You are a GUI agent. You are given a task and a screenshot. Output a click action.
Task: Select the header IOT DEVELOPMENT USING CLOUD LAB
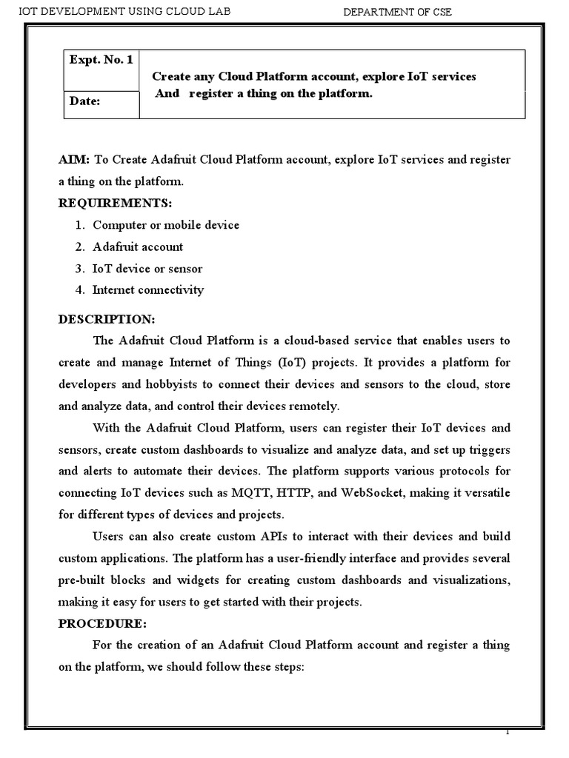(x=112, y=10)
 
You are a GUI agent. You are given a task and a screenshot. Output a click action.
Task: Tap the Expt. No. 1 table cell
(x=100, y=60)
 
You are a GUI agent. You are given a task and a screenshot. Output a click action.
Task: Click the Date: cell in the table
(x=85, y=101)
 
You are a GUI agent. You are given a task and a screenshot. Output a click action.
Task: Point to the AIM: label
(x=74, y=160)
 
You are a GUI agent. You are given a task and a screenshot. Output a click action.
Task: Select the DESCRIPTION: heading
(x=107, y=319)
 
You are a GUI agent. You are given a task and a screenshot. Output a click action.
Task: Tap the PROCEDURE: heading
(x=103, y=623)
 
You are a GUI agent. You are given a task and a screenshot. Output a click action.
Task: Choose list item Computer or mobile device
(x=165, y=225)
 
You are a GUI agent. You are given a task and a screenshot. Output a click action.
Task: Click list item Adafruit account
(x=137, y=246)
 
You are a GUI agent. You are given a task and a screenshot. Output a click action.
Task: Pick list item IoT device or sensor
(x=147, y=268)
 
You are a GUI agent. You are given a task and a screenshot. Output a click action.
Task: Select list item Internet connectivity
(x=147, y=289)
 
